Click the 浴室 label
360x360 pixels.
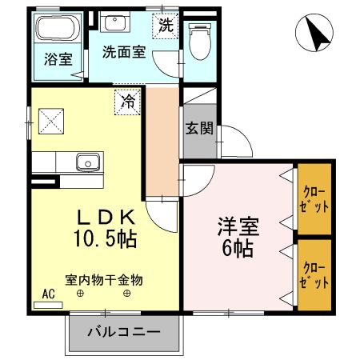[x=57, y=59]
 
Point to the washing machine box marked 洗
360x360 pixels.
[x=165, y=25]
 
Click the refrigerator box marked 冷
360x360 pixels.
[x=127, y=102]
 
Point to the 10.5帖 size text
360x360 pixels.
[x=102, y=238]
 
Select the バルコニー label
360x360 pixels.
[x=122, y=332]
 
